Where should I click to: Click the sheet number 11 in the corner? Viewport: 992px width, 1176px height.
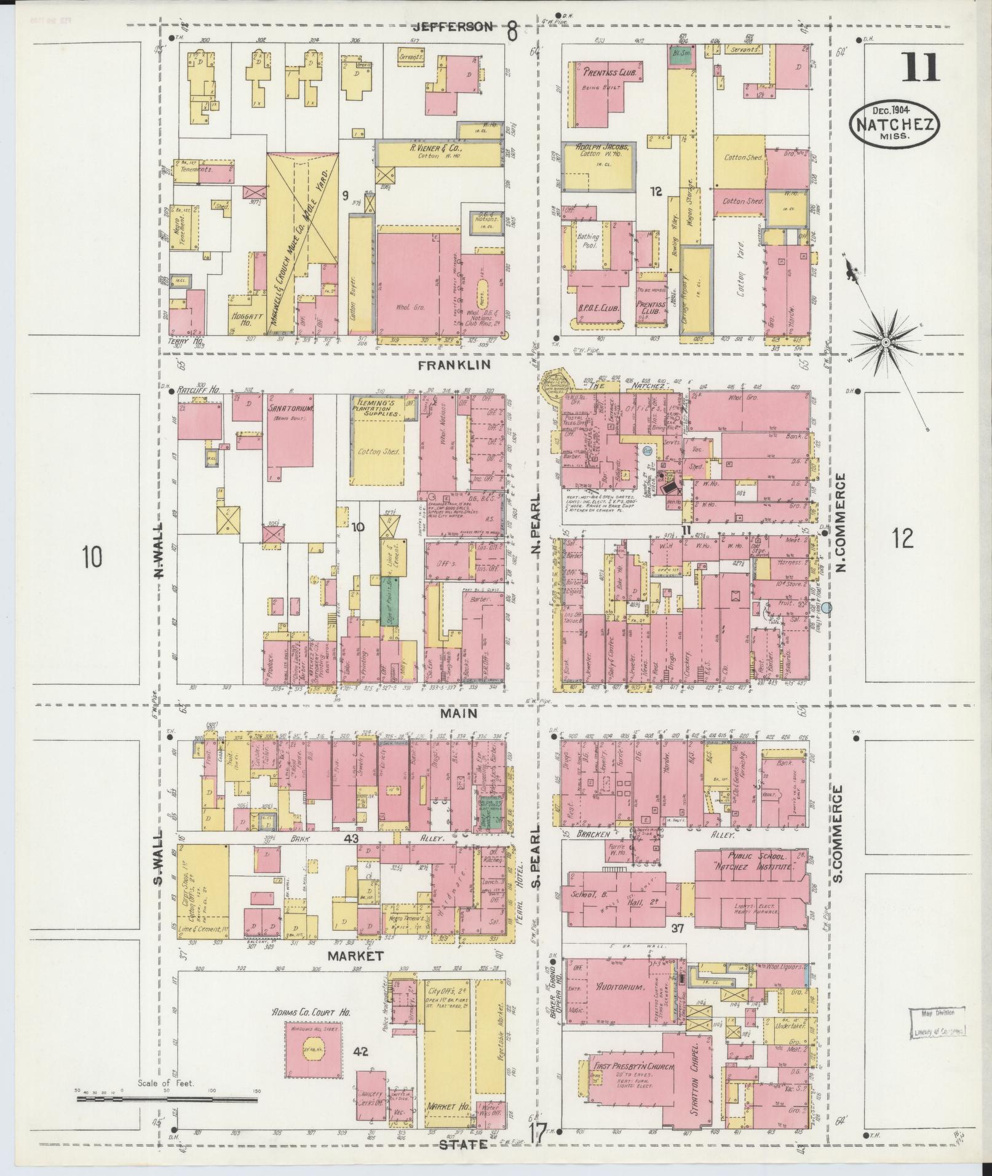(x=921, y=68)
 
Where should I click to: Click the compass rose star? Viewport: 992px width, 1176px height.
(x=886, y=342)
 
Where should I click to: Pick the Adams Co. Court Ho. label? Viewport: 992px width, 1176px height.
(x=311, y=1011)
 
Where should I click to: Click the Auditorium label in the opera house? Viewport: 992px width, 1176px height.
(x=619, y=1004)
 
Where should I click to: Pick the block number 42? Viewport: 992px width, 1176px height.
(x=360, y=1052)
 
